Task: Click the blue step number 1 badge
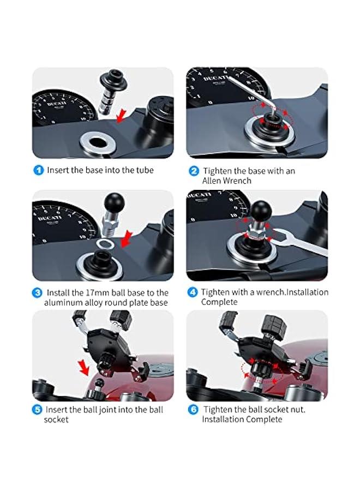click(x=38, y=170)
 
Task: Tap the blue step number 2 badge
click(x=194, y=171)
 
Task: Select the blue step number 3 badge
click(x=37, y=293)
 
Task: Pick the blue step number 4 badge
click(x=192, y=292)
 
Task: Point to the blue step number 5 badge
click(x=37, y=410)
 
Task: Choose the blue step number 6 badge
click(x=194, y=410)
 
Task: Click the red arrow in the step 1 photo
click(x=122, y=116)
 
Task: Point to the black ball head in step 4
click(x=262, y=210)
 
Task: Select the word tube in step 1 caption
click(x=145, y=170)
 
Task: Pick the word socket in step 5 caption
click(x=56, y=420)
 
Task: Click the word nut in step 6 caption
click(x=298, y=410)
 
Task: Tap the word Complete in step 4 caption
click(x=219, y=302)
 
